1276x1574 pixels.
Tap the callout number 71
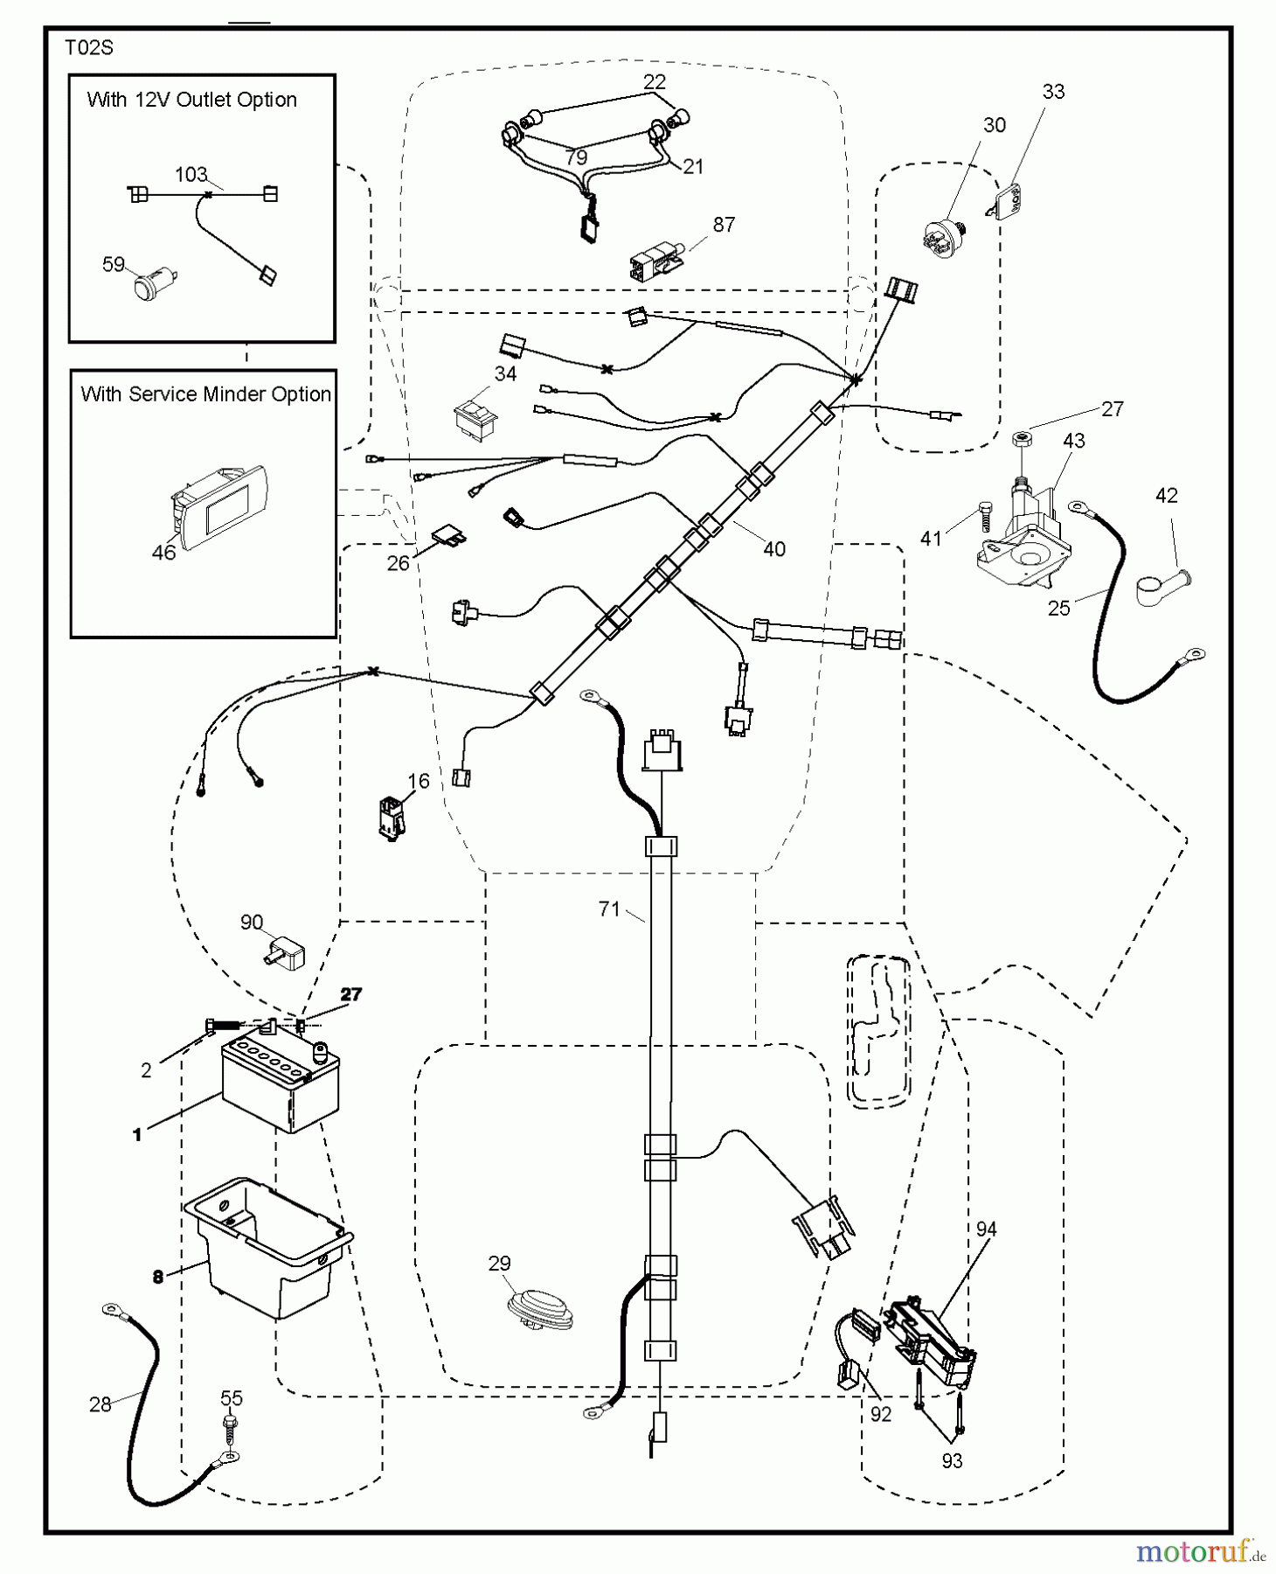click(609, 909)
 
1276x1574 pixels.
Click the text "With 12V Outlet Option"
click(191, 100)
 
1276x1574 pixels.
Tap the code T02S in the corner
click(89, 48)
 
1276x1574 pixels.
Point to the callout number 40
click(774, 549)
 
